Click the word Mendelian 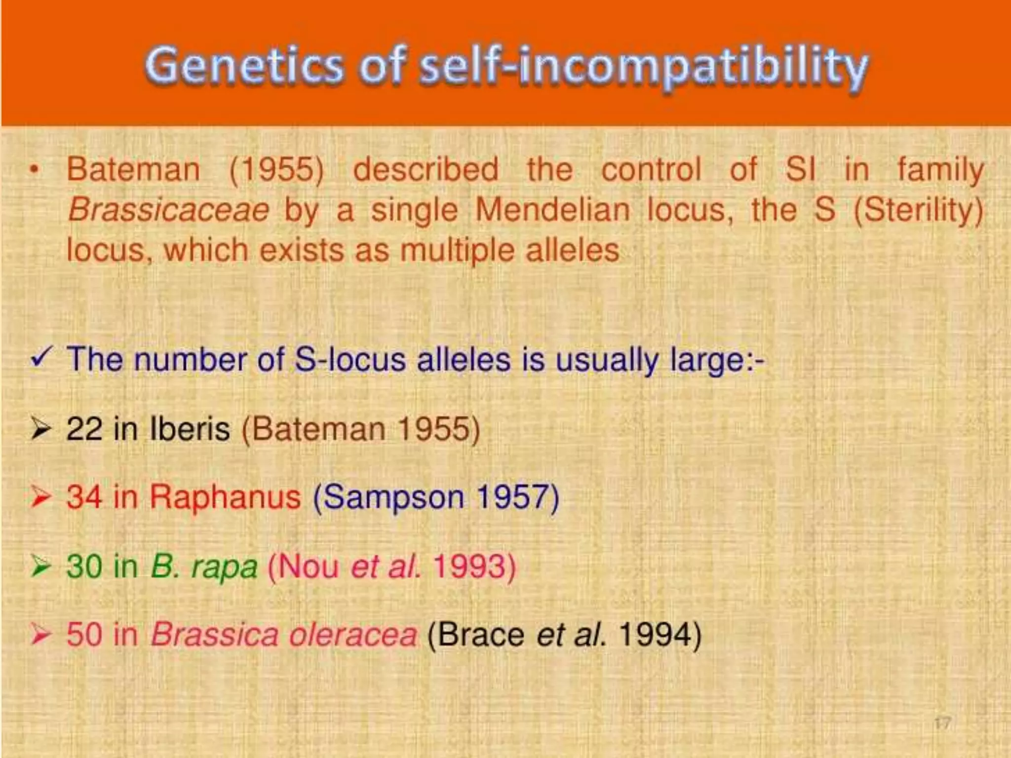[553, 210]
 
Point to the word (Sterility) [918, 210]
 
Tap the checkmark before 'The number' [41, 358]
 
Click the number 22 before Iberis [84, 429]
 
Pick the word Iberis [190, 429]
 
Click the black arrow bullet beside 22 [40, 429]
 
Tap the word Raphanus [225, 497]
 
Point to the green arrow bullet [40, 566]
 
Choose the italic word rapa [225, 568]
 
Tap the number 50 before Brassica [84, 635]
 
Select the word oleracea [353, 635]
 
